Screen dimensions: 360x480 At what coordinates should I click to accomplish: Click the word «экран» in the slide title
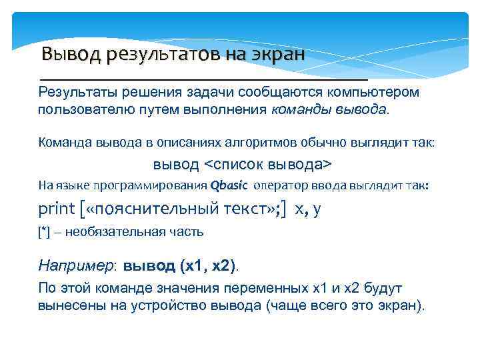(x=277, y=53)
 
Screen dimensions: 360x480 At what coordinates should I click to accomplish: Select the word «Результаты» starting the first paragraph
(x=74, y=91)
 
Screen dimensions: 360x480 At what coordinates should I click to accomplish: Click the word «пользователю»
(x=80, y=109)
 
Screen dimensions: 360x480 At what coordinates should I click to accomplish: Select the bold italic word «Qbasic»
(x=229, y=186)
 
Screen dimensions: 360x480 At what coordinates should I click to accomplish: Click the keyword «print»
(x=57, y=209)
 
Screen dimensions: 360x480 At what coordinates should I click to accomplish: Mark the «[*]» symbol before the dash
(x=45, y=232)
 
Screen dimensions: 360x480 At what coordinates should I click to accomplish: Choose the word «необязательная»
(x=107, y=232)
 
